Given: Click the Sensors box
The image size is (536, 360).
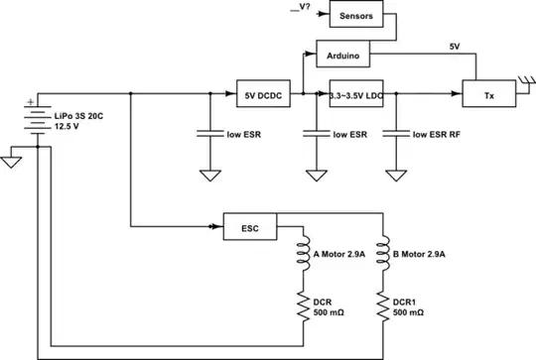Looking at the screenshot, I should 354,17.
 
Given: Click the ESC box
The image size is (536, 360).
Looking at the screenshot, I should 249,227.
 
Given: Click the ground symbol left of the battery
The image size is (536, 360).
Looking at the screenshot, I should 12,159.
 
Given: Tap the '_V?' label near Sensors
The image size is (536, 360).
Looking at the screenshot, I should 301,9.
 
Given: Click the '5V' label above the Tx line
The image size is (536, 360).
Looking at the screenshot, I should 455,47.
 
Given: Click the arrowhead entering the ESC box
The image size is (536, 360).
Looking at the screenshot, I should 217,227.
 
